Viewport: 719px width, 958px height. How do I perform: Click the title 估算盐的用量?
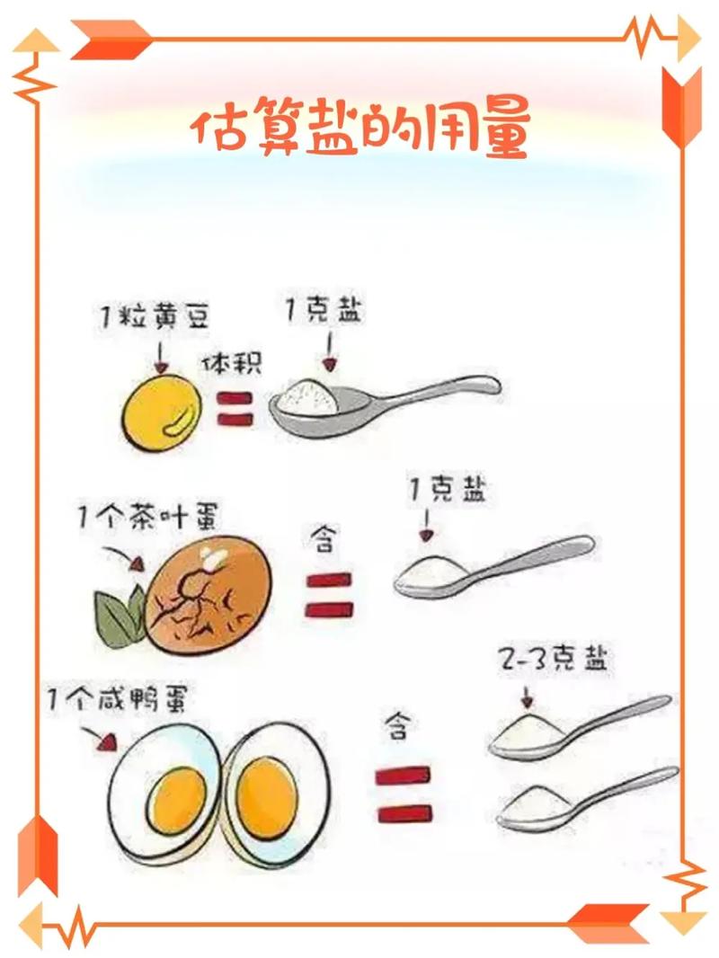pos(359,130)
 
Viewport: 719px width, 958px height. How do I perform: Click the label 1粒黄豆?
pos(155,317)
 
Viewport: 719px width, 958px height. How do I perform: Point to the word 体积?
pos(232,363)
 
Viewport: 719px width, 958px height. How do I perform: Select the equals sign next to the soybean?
pos(235,409)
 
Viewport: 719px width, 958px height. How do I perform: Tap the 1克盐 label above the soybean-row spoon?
pos(324,310)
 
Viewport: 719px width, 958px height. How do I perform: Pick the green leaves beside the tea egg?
pos(120,617)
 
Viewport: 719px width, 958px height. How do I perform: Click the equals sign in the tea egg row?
pos(329,594)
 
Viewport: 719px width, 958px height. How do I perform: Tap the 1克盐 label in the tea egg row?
pos(448,491)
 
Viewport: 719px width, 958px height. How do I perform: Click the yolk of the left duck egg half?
pos(180,799)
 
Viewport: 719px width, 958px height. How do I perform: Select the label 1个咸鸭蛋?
pos(117,698)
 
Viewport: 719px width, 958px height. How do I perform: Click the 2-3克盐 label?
pos(554,658)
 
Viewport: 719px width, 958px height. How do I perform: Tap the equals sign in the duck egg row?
pos(404,794)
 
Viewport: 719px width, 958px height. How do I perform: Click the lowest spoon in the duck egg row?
pos(587,802)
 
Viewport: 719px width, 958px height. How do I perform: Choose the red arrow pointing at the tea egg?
pos(123,557)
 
